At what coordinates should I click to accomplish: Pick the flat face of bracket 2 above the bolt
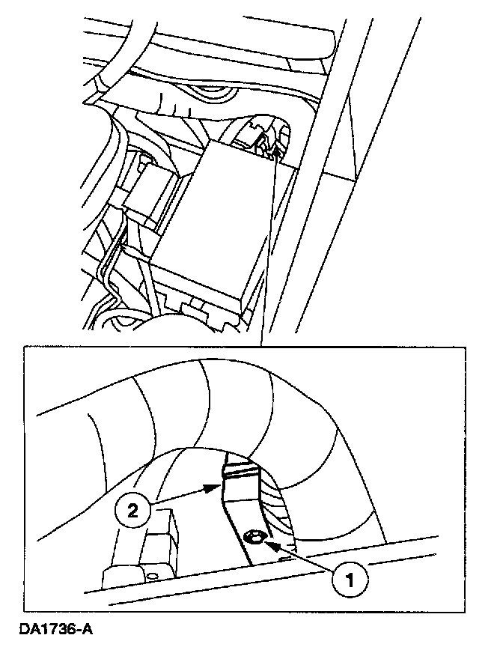(x=240, y=502)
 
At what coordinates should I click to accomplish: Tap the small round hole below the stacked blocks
(x=153, y=575)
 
